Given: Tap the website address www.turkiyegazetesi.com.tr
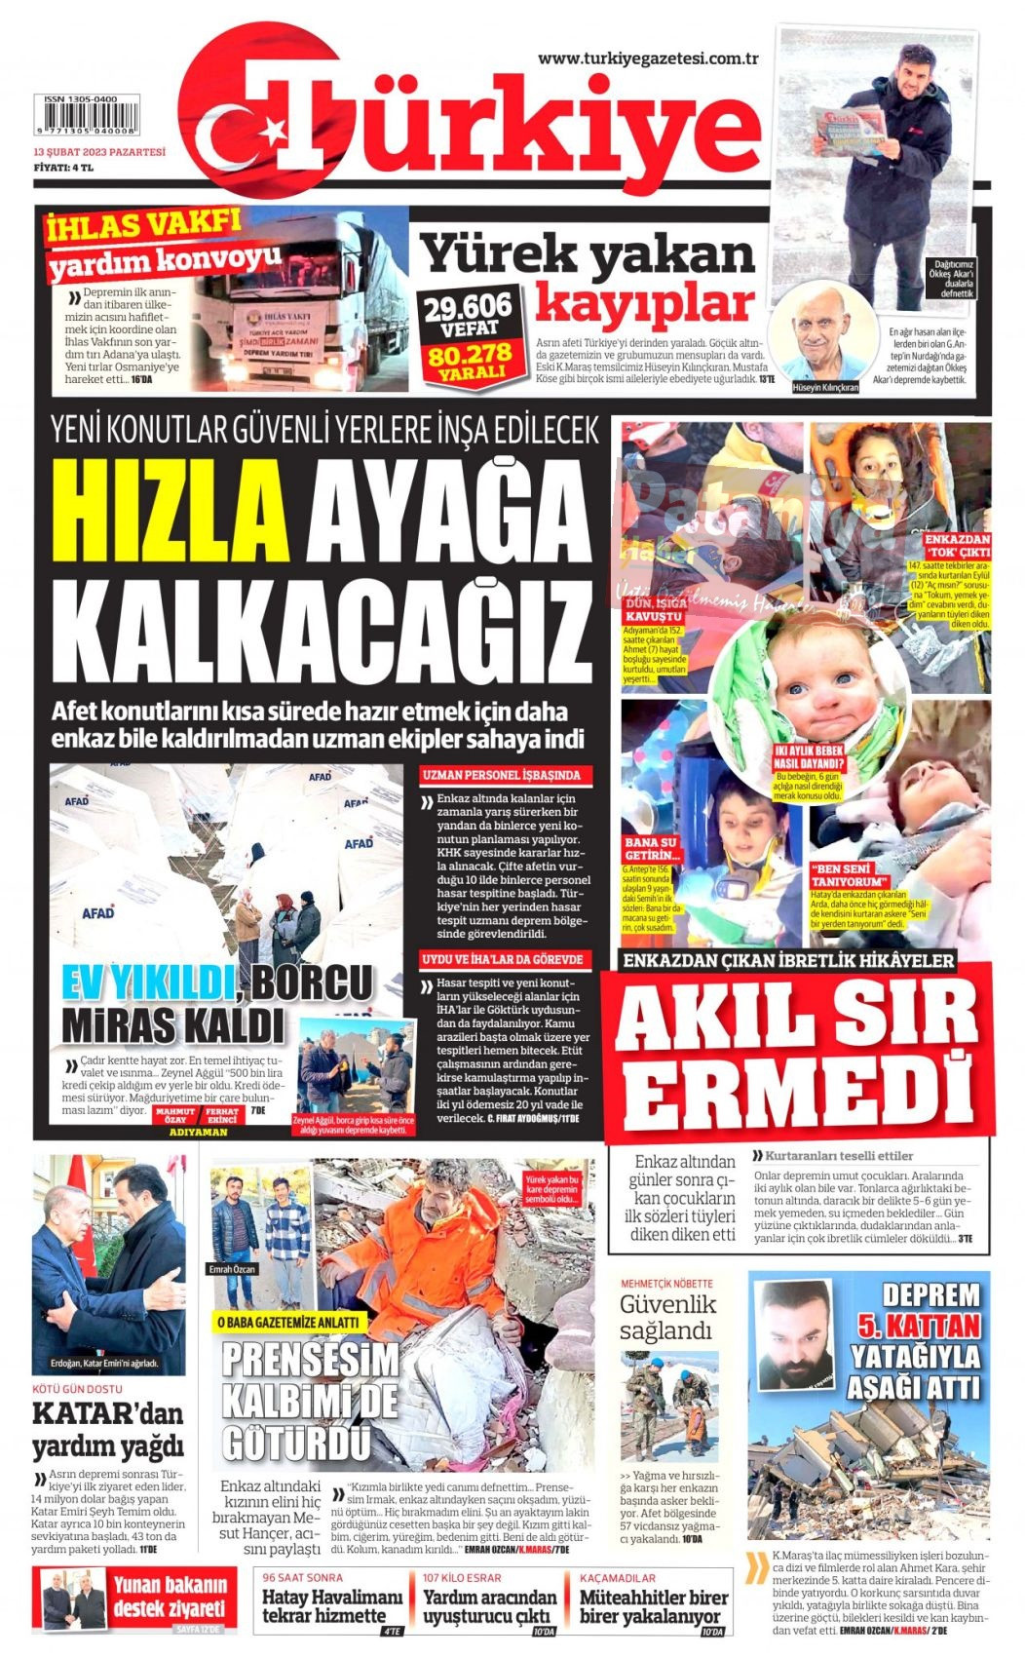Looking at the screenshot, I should pyautogui.click(x=648, y=58).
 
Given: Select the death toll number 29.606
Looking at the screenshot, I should pyautogui.click(x=467, y=308).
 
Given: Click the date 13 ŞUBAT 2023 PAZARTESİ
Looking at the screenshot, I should pyautogui.click(x=98, y=152).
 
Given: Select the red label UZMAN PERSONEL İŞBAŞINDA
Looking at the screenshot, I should pyautogui.click(x=502, y=775).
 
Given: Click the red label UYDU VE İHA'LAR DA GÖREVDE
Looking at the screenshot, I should pyautogui.click(x=503, y=959).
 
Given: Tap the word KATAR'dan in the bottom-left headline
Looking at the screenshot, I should pyautogui.click(x=107, y=1412).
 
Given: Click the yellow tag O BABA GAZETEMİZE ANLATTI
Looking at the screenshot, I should pyautogui.click(x=287, y=1322).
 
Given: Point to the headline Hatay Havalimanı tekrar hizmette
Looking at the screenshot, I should pyautogui.click(x=332, y=1606).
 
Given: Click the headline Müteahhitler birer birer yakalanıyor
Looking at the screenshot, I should pyautogui.click(x=653, y=1606).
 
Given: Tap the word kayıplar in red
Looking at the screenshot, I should pyautogui.click(x=645, y=303).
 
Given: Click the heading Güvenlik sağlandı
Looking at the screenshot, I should pyautogui.click(x=667, y=1317).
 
